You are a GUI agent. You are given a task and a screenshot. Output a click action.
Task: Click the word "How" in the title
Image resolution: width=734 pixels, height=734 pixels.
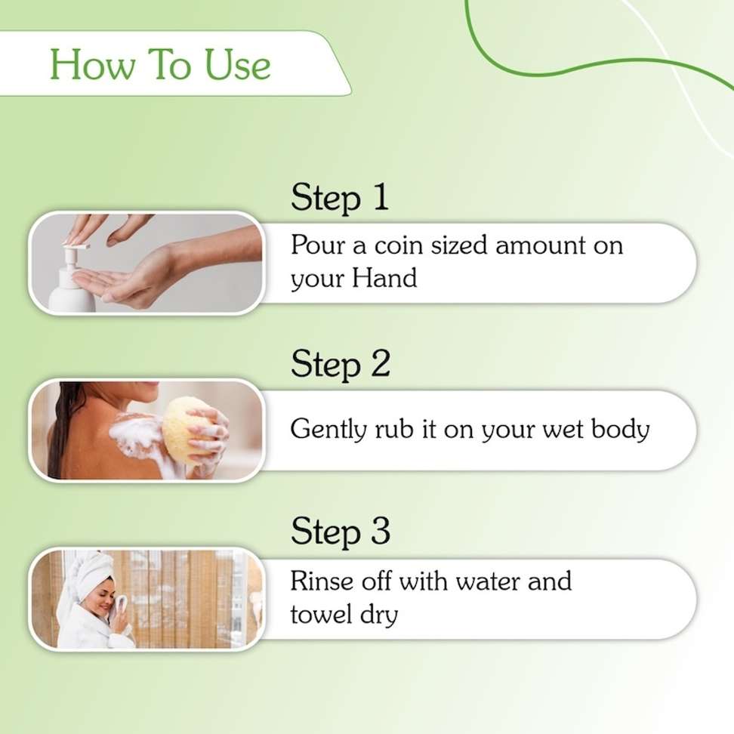(x=91, y=64)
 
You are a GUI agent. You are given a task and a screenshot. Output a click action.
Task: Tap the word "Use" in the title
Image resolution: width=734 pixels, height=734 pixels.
(x=238, y=64)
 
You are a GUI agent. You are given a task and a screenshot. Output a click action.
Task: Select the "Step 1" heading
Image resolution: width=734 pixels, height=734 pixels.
(x=339, y=198)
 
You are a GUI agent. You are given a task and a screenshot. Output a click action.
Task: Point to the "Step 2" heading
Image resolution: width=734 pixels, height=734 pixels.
(x=341, y=364)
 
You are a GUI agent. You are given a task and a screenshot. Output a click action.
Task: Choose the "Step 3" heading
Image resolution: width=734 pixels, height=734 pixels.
(x=341, y=532)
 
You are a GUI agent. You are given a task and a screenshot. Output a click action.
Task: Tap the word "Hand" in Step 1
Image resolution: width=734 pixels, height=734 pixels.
(x=384, y=278)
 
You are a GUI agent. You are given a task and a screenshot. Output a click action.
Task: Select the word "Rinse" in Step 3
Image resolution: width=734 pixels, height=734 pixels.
(x=322, y=581)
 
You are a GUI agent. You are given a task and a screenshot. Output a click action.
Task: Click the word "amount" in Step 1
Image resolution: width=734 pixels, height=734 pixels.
(x=540, y=245)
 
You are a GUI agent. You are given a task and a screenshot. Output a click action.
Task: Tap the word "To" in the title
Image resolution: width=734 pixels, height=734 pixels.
(x=169, y=64)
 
